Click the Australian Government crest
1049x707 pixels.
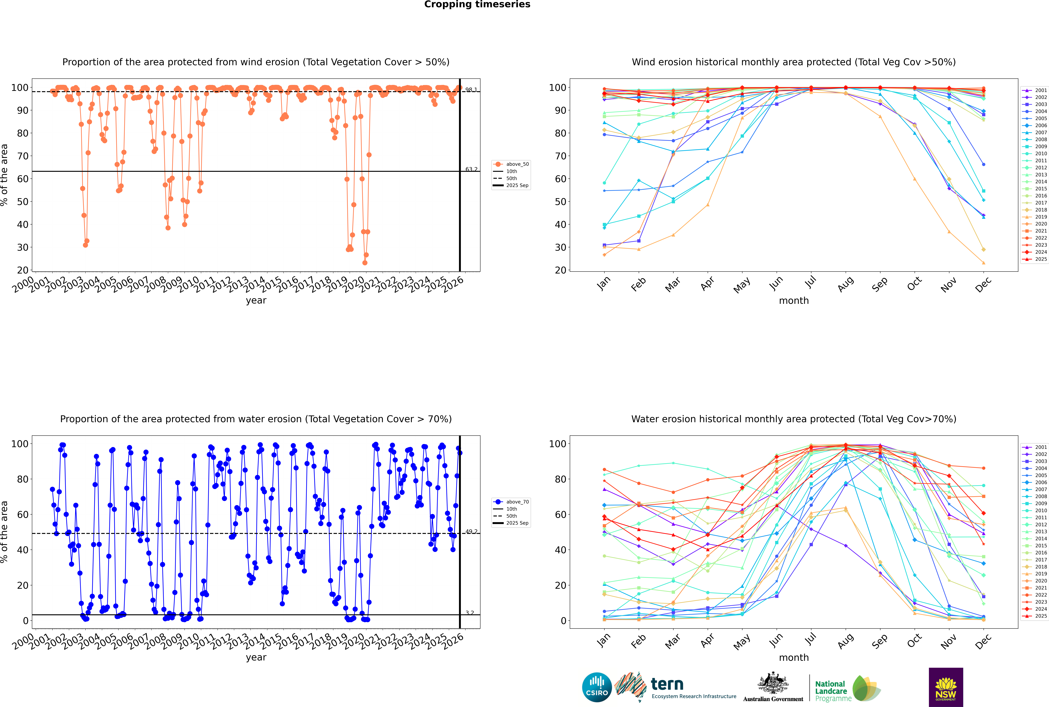coord(773,685)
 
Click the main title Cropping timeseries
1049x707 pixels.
coord(477,4)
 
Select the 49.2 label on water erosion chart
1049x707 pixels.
coord(471,532)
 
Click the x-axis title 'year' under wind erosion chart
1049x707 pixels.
coord(256,300)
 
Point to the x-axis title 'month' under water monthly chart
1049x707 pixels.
coord(794,657)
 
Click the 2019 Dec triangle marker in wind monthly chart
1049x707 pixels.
coord(984,263)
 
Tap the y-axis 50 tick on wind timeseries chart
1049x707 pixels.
coord(22,202)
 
